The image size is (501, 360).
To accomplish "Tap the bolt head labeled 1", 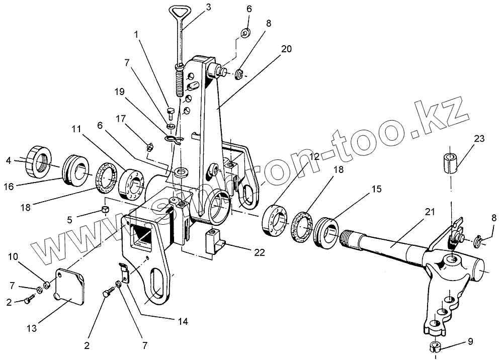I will [170, 111].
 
